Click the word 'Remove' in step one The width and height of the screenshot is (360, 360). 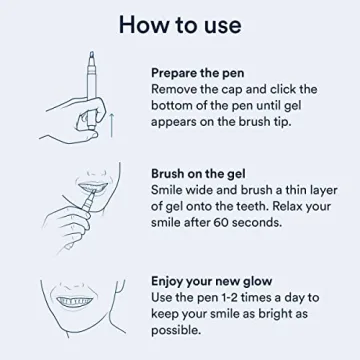(178, 90)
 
